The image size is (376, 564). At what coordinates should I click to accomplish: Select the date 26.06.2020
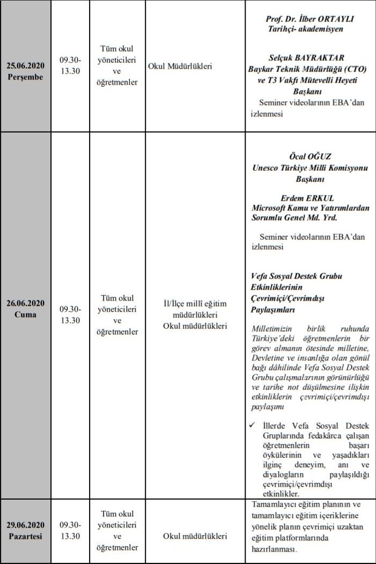pos(25,304)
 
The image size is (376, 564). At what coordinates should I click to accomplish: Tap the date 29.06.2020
pos(25,525)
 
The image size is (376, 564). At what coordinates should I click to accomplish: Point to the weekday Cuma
pos(25,314)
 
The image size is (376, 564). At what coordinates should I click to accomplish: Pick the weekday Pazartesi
pos(25,536)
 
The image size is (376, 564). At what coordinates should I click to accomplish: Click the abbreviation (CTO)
pos(350,69)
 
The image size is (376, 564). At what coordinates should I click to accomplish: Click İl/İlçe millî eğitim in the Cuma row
pos(195,304)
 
